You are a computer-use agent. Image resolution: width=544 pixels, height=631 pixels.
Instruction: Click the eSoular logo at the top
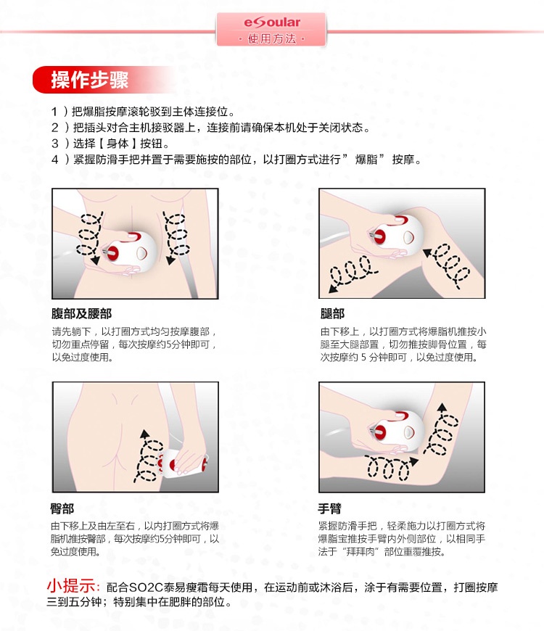(x=272, y=22)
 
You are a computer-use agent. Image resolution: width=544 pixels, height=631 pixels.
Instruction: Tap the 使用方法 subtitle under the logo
(x=272, y=38)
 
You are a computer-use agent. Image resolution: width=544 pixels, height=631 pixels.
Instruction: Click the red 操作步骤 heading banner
(x=104, y=80)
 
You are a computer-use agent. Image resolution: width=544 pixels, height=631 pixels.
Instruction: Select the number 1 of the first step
(x=54, y=112)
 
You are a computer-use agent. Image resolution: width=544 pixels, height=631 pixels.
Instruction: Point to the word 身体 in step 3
(x=118, y=144)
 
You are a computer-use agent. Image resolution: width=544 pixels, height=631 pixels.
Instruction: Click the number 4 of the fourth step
(x=54, y=160)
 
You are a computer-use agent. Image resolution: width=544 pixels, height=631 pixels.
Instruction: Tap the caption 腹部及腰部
(x=81, y=313)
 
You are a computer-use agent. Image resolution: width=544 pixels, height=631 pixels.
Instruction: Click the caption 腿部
(x=332, y=313)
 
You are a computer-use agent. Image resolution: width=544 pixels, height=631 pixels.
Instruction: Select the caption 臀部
(x=62, y=508)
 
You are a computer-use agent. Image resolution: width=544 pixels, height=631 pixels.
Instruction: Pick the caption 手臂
(x=329, y=508)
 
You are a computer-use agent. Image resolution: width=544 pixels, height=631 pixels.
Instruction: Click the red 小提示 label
(x=71, y=586)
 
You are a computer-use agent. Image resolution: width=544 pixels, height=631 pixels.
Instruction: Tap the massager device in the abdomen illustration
(x=130, y=252)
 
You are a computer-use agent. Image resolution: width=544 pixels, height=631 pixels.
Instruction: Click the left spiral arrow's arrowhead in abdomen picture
(x=95, y=260)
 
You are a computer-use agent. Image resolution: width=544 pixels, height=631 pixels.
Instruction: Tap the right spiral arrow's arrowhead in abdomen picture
(x=171, y=260)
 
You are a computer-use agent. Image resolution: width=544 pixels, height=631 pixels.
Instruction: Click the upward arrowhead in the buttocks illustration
(x=144, y=434)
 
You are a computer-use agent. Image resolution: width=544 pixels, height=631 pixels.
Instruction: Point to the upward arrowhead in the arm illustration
(x=442, y=408)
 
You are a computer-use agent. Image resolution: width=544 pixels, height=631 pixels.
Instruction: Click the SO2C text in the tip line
(x=146, y=587)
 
